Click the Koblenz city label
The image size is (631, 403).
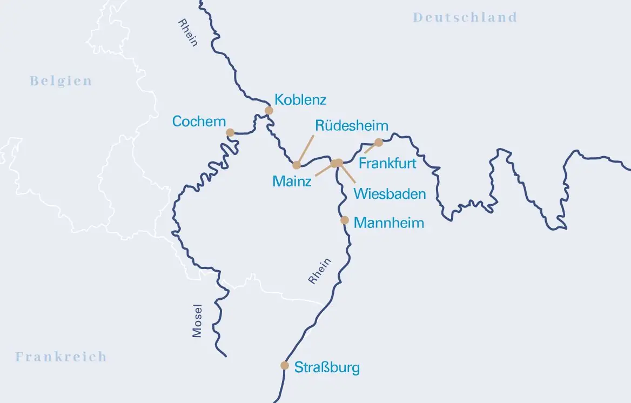(x=300, y=100)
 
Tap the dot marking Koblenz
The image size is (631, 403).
(x=268, y=111)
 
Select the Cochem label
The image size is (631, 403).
(x=199, y=122)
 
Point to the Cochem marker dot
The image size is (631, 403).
(x=230, y=132)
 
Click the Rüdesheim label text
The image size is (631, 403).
(x=352, y=126)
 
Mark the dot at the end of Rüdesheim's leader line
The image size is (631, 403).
(x=297, y=165)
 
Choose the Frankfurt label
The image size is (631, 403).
(x=387, y=163)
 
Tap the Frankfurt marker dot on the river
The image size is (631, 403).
(x=379, y=143)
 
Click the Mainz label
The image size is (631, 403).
(x=292, y=182)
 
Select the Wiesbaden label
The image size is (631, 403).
(x=390, y=194)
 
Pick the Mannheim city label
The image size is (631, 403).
(x=388, y=223)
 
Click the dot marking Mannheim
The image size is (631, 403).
(x=345, y=220)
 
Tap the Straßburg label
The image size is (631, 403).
(x=327, y=368)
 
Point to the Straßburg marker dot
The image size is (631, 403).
(x=285, y=366)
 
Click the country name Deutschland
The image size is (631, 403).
(x=465, y=17)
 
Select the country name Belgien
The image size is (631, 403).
(x=61, y=81)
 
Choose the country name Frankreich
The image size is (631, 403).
(x=61, y=357)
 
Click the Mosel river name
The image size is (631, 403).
(x=197, y=321)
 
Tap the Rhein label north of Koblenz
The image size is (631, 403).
(x=188, y=33)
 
